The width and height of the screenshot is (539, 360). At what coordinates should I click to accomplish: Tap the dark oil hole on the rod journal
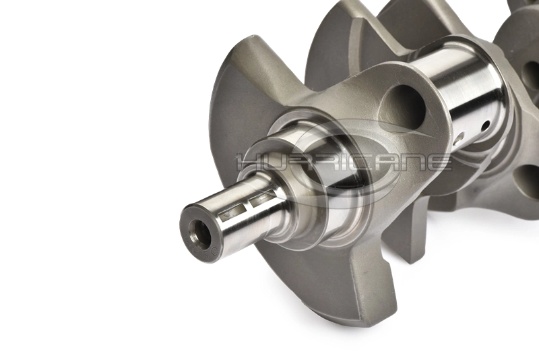tap(484, 126)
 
